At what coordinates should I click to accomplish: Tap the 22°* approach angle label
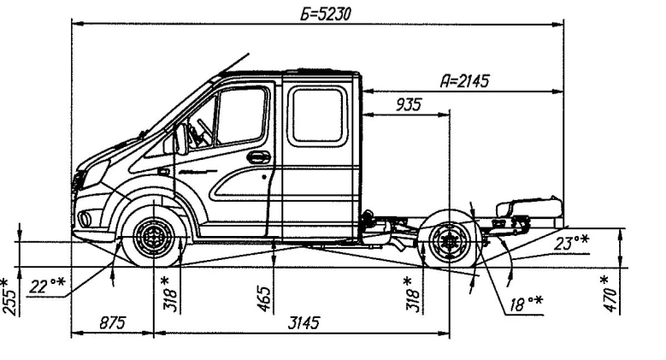pyautogui.click(x=44, y=286)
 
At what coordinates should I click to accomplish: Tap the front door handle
pyautogui.click(x=254, y=156)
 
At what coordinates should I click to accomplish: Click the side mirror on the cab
pyautogui.click(x=180, y=139)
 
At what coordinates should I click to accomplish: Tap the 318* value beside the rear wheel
pyautogui.click(x=412, y=293)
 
